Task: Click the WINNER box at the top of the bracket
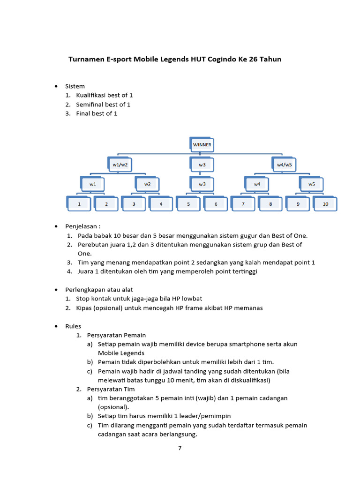click(x=202, y=145)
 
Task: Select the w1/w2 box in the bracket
click(x=120, y=165)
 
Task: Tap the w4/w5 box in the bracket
click(x=285, y=165)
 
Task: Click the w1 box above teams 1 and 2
click(x=93, y=184)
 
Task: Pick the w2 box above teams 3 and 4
click(x=148, y=184)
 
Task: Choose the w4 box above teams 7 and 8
click(x=257, y=184)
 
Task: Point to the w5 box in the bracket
click(x=312, y=184)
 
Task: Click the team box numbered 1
click(x=79, y=204)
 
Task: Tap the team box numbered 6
click(x=216, y=204)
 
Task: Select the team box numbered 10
click(x=325, y=204)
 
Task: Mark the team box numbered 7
click(x=243, y=204)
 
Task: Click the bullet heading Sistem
click(x=75, y=86)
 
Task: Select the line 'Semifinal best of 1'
click(x=103, y=105)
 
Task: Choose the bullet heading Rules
click(x=73, y=326)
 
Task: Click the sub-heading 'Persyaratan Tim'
click(x=111, y=389)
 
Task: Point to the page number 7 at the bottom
click(x=180, y=448)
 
